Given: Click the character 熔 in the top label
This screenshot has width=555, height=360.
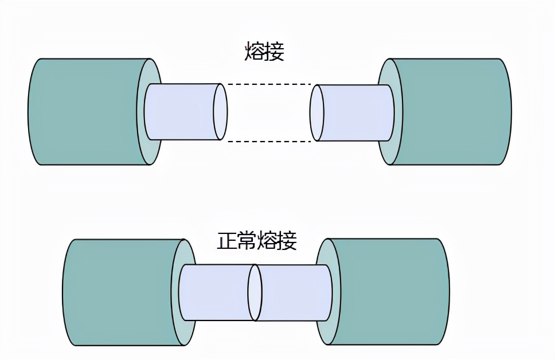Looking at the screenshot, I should click(x=255, y=52).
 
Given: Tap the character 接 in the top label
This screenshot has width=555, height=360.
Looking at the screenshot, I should click(x=275, y=52).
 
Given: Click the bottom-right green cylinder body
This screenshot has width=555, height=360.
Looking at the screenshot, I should click(x=390, y=292).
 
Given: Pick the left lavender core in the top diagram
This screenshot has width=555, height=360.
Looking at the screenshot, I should click(x=181, y=112).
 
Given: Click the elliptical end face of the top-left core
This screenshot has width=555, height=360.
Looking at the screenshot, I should click(x=220, y=112).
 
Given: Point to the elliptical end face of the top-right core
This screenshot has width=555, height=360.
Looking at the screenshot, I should click(x=316, y=112).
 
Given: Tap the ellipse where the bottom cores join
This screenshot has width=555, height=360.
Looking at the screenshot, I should click(x=255, y=292).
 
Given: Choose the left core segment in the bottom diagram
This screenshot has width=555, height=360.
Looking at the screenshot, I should click(x=215, y=292).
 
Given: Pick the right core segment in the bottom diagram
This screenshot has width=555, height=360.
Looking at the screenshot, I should click(x=295, y=292).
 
